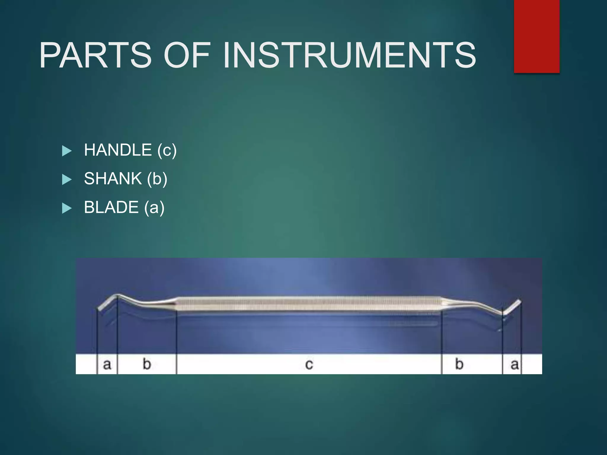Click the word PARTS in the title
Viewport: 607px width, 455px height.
[x=96, y=55]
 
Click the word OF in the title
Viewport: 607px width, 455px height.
[x=187, y=55]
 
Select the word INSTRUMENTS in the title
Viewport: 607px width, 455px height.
[x=350, y=55]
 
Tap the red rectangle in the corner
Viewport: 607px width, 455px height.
[x=536, y=36]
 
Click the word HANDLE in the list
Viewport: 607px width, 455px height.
[x=118, y=150]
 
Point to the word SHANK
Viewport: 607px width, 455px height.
[x=113, y=179]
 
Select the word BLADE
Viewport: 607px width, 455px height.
[x=111, y=207]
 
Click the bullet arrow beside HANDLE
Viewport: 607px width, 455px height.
[x=67, y=151]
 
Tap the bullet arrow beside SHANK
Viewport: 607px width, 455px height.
[x=67, y=180]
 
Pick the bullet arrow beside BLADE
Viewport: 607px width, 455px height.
[x=67, y=208]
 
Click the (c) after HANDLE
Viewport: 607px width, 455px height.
[x=167, y=150]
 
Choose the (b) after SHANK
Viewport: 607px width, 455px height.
[x=157, y=179]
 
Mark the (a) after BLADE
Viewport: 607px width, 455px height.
[x=154, y=207]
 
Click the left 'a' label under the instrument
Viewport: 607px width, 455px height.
[x=107, y=364]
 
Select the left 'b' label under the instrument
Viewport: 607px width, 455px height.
[x=147, y=364]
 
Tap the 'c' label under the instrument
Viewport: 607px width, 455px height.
[x=309, y=364]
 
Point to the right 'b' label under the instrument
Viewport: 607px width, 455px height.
[x=459, y=364]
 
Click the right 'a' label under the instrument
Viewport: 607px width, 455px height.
[x=515, y=364]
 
